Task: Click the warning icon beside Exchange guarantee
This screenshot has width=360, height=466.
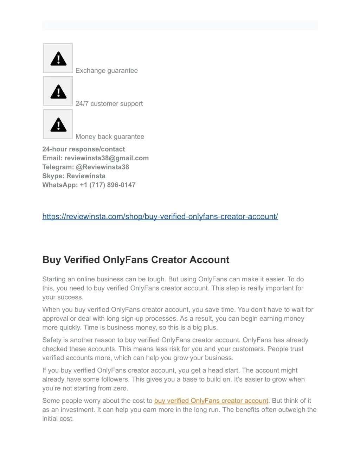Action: (58, 58)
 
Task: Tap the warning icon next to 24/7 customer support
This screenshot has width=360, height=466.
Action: (58, 91)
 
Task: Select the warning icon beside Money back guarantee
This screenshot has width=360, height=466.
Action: (58, 125)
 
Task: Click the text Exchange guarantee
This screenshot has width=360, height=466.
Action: (107, 71)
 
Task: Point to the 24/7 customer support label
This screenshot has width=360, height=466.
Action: (109, 104)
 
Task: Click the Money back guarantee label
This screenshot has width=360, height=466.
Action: (110, 137)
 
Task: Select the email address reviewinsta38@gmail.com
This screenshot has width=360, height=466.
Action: (107, 158)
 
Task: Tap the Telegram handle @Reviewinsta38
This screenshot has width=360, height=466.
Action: (102, 167)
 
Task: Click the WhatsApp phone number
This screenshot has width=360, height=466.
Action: (108, 185)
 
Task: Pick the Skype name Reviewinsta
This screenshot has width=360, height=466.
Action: (86, 176)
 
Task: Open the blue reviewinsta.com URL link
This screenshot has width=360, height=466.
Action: (160, 217)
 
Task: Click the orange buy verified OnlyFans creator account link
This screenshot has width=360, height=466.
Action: (211, 401)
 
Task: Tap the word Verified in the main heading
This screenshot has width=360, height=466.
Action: (82, 260)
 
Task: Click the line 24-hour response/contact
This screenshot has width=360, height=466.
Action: (84, 149)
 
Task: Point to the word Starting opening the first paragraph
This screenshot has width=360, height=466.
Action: (54, 279)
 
